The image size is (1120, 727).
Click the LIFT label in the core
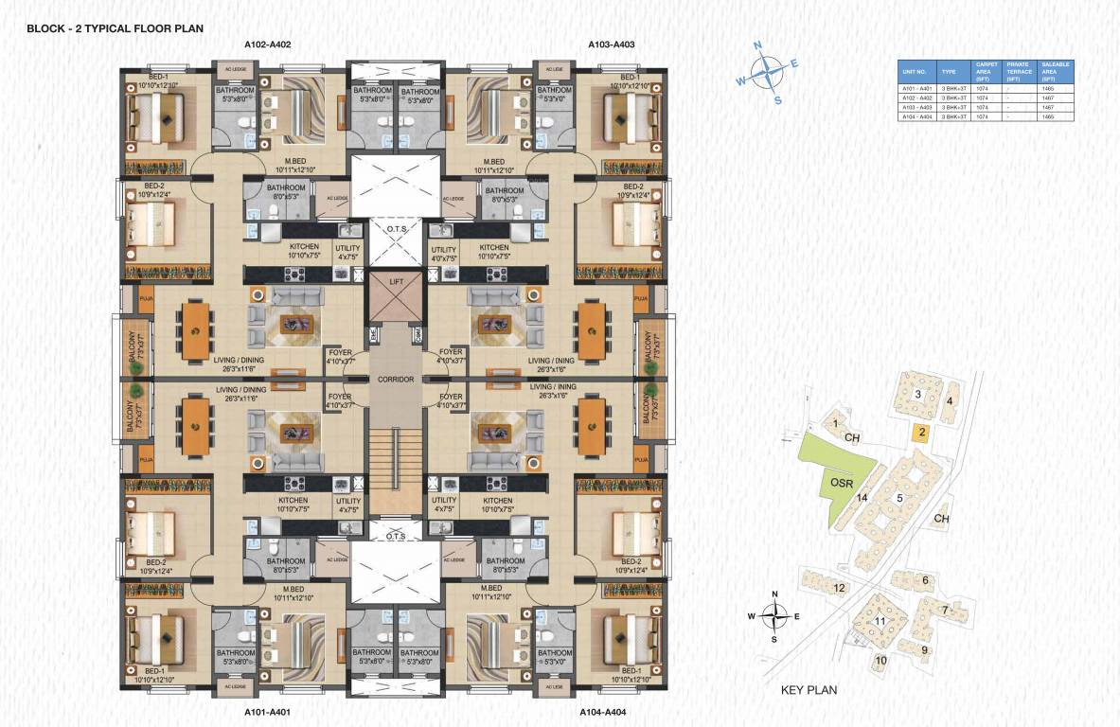coord(396,282)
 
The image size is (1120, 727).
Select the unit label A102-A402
coord(267,44)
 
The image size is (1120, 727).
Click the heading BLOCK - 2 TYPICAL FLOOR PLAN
coord(115,28)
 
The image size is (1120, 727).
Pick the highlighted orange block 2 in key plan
coord(918,433)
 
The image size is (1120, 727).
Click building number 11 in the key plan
coord(880,621)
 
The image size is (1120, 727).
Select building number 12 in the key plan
coord(839,588)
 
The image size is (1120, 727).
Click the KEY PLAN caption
coord(809,690)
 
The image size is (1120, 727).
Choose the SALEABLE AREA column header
coord(1055,71)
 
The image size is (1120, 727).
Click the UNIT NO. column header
coord(914,71)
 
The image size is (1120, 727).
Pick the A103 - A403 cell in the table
coord(914,108)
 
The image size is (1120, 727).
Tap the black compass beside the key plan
coord(774,615)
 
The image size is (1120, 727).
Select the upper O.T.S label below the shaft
coord(396,228)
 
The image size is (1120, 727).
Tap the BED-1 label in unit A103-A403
coord(628,78)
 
